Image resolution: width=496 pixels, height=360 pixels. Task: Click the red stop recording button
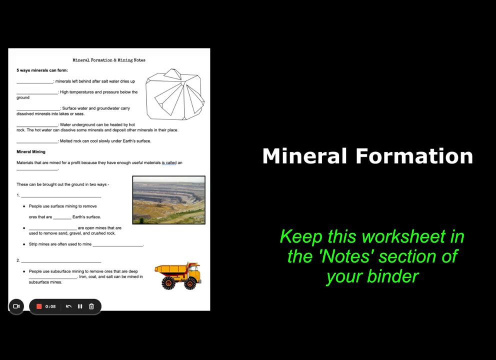tap(39, 306)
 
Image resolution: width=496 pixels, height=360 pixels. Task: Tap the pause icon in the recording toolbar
tap(80, 306)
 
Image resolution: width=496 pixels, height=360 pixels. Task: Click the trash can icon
tap(91, 306)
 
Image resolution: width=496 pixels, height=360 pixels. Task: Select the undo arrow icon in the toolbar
tap(68, 306)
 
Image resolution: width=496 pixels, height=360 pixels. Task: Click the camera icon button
tap(16, 306)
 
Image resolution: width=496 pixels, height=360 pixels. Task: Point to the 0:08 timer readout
tap(50, 306)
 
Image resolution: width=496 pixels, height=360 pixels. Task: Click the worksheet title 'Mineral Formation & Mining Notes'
tap(109, 60)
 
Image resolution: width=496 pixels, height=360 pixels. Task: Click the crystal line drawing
tap(175, 94)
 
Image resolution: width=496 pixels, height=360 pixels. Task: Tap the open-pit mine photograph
tap(169, 200)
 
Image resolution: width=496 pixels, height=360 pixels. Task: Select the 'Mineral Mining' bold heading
tap(31, 152)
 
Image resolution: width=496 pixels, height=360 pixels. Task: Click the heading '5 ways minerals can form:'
tap(42, 70)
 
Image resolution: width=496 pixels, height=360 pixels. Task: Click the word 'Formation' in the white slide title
tap(414, 156)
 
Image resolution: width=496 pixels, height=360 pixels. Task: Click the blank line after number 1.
tap(61, 197)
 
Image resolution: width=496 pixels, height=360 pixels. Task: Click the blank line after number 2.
tap(61, 262)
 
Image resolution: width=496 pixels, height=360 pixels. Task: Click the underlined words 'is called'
tap(169, 163)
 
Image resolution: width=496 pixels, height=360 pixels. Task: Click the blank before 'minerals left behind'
tap(35, 83)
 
